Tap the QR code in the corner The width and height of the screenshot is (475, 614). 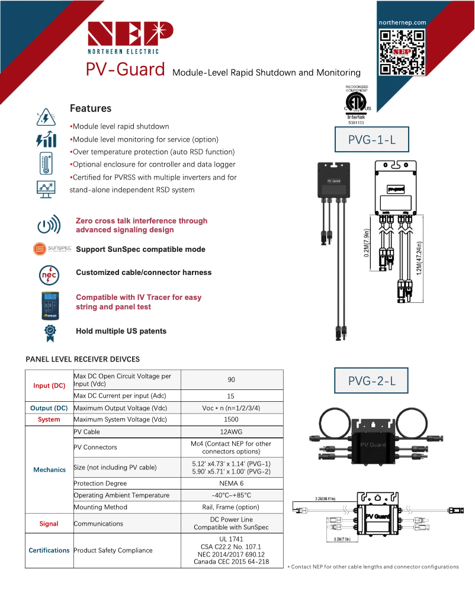[403, 52]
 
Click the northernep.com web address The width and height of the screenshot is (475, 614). [403, 22]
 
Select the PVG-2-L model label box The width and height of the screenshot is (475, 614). [371, 381]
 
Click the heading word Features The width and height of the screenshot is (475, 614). [91, 108]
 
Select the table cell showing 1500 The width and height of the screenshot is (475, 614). [231, 420]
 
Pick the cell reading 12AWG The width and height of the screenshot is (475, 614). [231, 432]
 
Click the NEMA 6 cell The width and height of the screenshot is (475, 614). [231, 483]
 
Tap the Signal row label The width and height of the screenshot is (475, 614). [49, 524]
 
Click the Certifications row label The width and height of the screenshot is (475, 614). [49, 551]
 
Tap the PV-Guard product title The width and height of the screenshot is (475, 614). [125, 70]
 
